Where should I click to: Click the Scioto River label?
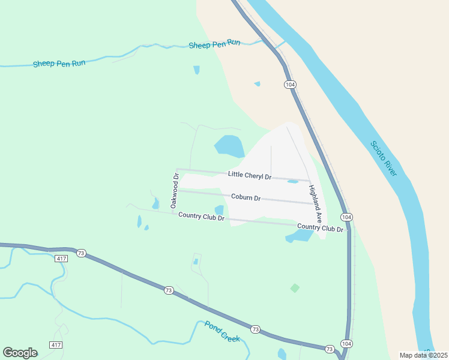pos(384,158)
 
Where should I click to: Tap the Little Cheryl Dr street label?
pos(250,175)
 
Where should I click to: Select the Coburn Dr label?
pos(246,197)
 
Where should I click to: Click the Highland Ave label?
pos(316,204)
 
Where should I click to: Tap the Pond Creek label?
pos(222,331)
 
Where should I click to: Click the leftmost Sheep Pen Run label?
pos(59,63)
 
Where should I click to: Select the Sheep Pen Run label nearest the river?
pos(214,44)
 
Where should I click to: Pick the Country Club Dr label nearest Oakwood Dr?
pos(201,216)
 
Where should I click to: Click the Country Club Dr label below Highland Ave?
pos(320,229)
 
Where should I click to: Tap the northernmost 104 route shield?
pos(291,85)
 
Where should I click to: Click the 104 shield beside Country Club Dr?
pos(346,217)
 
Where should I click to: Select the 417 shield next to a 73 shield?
pos(61,258)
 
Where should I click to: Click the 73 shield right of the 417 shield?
pos(80,254)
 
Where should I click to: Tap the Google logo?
pos(20,353)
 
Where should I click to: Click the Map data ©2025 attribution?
pos(423,355)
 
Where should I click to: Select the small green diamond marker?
pos(295,288)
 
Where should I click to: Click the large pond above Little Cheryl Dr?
pos(229,146)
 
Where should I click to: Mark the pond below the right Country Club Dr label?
pos(300,236)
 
